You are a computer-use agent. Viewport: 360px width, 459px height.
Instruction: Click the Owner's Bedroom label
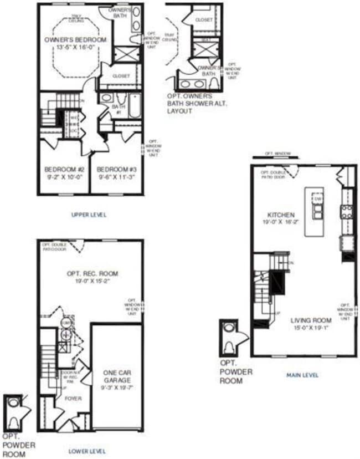(75, 40)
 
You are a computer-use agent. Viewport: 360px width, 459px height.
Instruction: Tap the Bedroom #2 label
(64, 170)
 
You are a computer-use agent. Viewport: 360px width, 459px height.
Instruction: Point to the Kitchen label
(281, 215)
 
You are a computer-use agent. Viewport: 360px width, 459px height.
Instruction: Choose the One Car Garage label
(116, 377)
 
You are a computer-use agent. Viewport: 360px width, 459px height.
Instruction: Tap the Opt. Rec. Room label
(91, 273)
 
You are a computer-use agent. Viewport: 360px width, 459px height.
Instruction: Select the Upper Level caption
(89, 215)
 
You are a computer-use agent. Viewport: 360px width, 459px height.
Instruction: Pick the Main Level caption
(302, 375)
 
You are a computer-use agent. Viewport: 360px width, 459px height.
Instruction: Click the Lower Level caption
(87, 451)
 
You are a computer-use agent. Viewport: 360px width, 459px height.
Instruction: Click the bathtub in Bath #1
(135, 105)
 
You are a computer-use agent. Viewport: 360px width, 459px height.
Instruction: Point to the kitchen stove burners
(348, 211)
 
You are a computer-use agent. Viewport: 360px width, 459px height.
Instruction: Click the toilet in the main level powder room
(229, 346)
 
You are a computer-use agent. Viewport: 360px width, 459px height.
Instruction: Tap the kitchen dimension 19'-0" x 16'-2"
(281, 222)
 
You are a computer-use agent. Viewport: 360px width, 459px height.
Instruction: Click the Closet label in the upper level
(121, 76)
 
